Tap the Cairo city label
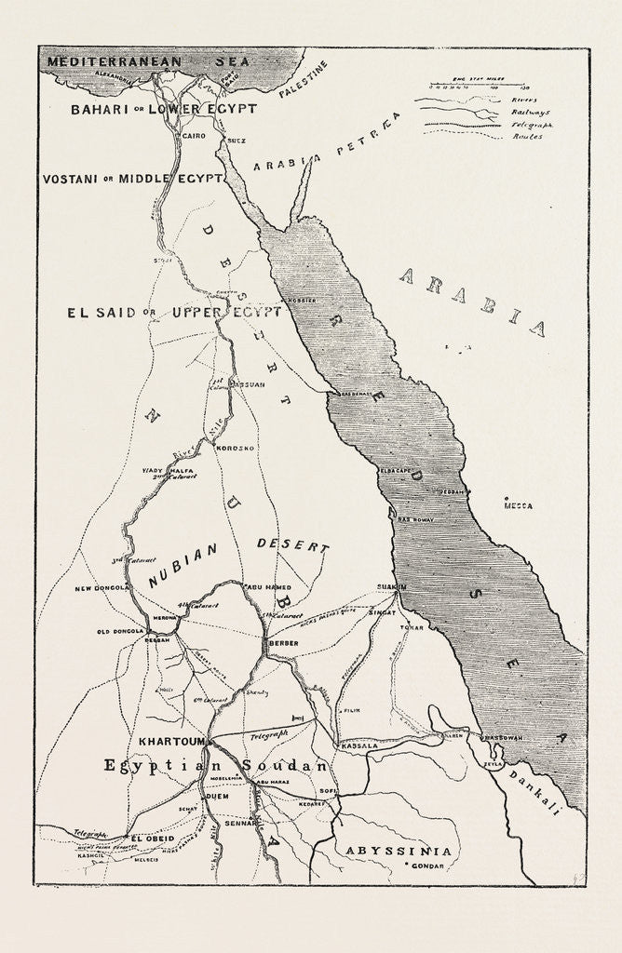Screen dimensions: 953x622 [191, 136]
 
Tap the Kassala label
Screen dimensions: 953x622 [359, 745]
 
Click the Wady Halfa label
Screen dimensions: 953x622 [159, 471]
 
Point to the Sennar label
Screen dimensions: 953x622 [239, 823]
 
